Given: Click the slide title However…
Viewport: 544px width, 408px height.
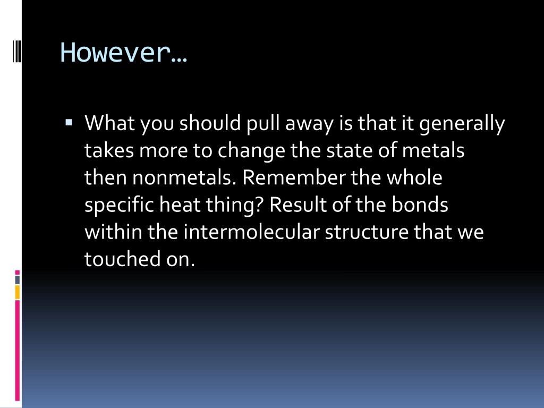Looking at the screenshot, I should (x=124, y=53).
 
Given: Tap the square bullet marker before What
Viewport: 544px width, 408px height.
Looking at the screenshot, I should (x=69, y=123).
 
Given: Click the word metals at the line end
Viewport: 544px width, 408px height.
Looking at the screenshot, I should (x=433, y=151).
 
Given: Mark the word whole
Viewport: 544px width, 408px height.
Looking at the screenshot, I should (x=414, y=178).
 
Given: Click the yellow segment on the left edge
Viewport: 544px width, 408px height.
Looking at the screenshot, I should (x=17, y=292).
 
